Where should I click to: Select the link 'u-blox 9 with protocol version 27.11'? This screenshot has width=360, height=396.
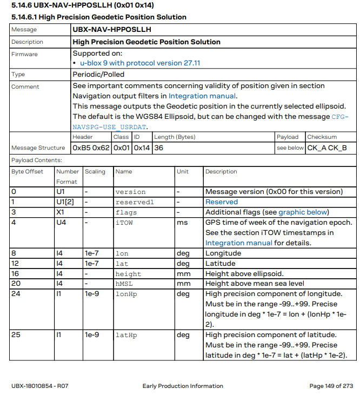(x=140, y=63)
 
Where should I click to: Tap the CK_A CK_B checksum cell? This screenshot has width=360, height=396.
(x=326, y=147)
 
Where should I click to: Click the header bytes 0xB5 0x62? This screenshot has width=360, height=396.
(x=91, y=147)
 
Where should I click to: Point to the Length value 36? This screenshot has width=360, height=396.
(x=159, y=147)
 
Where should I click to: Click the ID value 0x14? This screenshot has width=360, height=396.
(x=142, y=147)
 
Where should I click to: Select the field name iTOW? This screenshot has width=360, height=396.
(x=124, y=223)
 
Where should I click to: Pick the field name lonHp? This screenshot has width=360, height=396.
(x=126, y=294)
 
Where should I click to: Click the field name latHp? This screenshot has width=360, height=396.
(x=126, y=335)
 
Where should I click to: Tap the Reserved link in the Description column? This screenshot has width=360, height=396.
(x=222, y=202)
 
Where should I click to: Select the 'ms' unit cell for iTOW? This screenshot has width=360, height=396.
(x=183, y=223)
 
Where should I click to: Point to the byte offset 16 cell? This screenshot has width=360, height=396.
(x=16, y=273)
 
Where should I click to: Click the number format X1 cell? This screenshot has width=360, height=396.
(x=61, y=212)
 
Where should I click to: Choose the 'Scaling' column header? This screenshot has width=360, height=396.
(x=95, y=172)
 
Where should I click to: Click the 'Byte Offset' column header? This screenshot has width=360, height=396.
(x=26, y=172)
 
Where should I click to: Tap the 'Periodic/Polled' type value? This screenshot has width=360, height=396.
(x=98, y=75)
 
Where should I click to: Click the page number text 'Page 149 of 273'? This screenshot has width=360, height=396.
(x=331, y=386)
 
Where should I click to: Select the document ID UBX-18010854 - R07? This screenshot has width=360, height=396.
(x=40, y=386)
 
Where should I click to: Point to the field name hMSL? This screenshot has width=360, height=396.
(x=124, y=284)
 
